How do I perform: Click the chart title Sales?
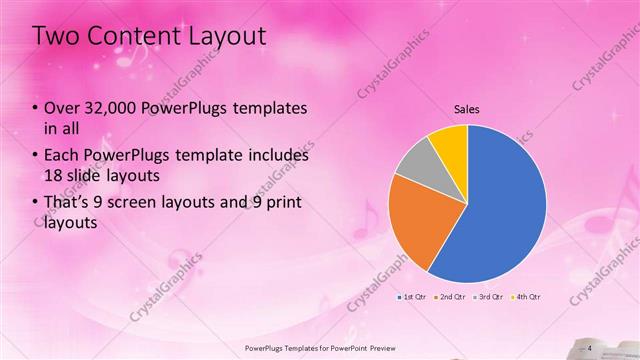pos(467,108)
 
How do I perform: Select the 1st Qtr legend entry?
pos(414,297)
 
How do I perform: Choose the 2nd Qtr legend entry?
pos(452,297)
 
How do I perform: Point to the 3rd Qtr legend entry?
pos(490,297)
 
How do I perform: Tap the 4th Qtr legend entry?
pos(527,297)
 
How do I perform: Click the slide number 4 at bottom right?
pos(590,347)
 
